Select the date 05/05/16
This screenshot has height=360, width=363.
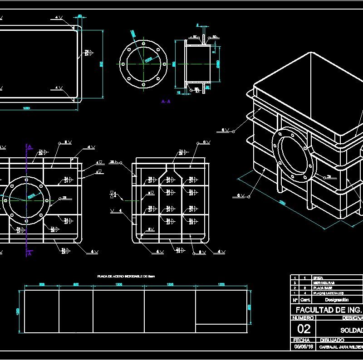(x=304, y=346)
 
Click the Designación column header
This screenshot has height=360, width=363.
(x=335, y=300)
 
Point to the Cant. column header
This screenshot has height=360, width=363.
(x=305, y=300)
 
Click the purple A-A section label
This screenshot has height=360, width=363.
(x=166, y=102)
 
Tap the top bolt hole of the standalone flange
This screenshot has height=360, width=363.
(x=143, y=42)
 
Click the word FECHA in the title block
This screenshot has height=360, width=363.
(x=302, y=340)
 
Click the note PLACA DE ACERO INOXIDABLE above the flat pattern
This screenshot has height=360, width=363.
(x=127, y=276)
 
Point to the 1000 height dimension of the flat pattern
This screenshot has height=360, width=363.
(x=19, y=311)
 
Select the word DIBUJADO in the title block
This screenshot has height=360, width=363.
(x=332, y=340)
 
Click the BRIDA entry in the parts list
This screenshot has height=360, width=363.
(x=312, y=277)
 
